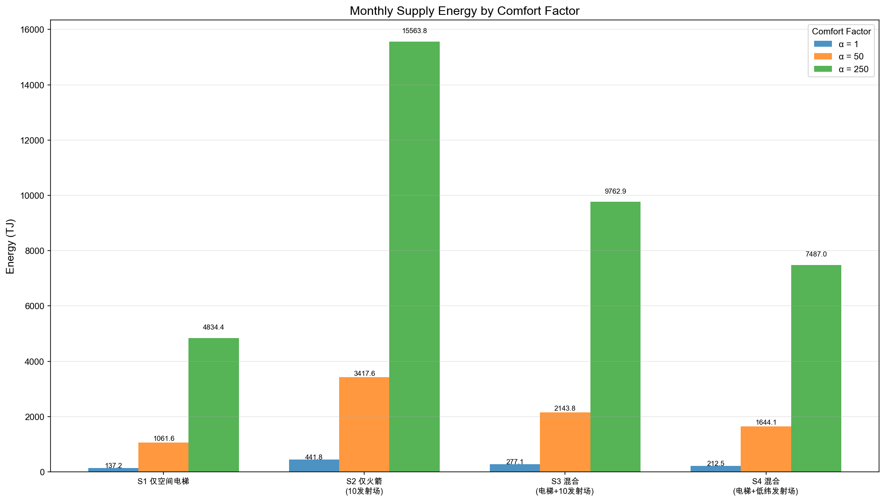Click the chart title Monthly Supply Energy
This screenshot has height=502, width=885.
coord(464,11)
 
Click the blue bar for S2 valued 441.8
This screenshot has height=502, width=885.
coord(314,465)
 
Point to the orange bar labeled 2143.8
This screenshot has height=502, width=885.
coord(565,442)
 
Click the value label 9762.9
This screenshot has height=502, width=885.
coord(615,192)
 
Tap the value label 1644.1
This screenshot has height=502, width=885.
coord(766,423)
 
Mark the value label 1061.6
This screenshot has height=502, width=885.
coord(164,439)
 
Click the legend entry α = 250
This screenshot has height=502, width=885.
coord(853,69)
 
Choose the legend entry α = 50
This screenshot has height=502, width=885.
coord(851,56)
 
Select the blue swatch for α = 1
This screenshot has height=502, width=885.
coord(823,44)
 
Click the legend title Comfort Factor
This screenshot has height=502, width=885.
coord(841,31)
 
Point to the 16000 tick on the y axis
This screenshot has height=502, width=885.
coord(32,30)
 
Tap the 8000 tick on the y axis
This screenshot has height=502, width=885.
coord(34,251)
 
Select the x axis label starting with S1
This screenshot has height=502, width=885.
coord(163,482)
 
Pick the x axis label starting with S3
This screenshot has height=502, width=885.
coord(565,486)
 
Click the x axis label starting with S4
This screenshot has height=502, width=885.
coord(766,486)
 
